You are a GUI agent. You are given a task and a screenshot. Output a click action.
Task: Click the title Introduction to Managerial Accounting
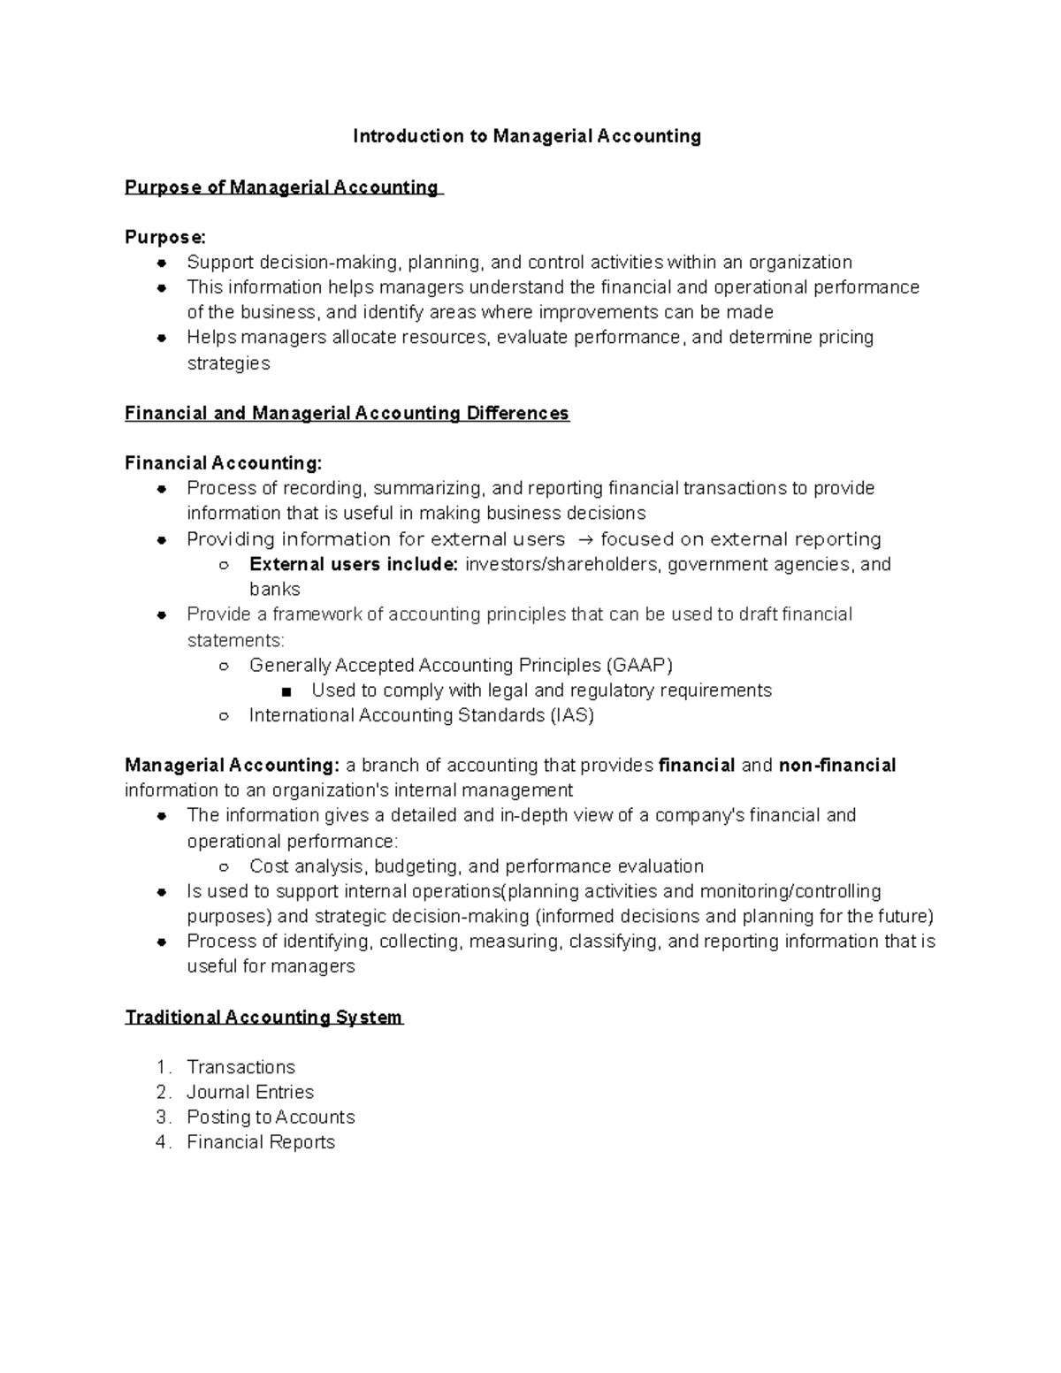[527, 136]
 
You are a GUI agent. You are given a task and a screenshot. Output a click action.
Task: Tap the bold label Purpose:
[165, 238]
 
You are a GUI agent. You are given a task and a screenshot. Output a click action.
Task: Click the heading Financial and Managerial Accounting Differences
[347, 414]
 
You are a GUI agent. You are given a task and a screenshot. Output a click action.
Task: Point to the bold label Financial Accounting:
[224, 464]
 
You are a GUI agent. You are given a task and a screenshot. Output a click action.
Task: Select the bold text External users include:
[354, 565]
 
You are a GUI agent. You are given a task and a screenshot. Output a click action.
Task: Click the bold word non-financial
[836, 766]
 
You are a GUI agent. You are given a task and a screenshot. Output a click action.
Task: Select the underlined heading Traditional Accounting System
[263, 1018]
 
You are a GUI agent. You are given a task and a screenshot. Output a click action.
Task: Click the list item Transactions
[240, 1067]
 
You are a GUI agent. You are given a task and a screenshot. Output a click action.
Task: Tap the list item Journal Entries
[250, 1093]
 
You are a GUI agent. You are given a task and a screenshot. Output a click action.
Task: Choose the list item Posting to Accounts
[271, 1117]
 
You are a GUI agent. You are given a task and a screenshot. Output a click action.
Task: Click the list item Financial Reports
[261, 1142]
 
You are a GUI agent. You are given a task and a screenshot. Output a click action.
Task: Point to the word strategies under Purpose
[228, 363]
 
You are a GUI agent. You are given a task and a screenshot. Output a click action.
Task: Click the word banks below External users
[275, 590]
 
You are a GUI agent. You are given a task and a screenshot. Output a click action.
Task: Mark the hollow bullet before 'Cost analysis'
[225, 867]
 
